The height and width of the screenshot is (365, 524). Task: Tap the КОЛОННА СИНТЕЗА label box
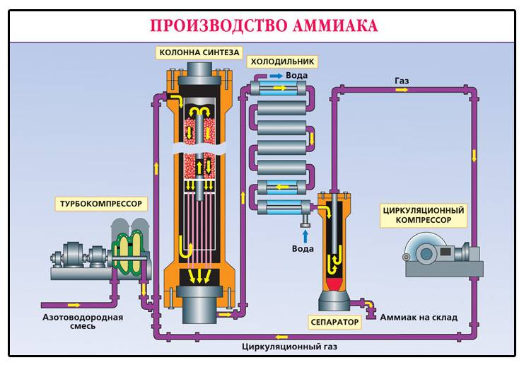tap(200, 52)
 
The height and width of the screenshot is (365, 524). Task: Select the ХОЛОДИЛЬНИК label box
tap(281, 62)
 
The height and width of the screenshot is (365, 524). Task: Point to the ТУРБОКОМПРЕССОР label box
tap(100, 204)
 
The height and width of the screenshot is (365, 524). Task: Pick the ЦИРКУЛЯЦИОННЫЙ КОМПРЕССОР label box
tap(423, 215)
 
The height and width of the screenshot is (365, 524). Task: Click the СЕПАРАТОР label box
tap(334, 322)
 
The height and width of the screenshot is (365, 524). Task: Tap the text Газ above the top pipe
tap(402, 81)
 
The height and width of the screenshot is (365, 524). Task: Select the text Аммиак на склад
tap(419, 317)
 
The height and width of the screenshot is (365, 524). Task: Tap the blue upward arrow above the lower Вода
tap(303, 233)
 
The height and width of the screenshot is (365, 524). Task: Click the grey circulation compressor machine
tap(438, 255)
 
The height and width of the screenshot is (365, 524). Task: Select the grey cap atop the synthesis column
tap(201, 71)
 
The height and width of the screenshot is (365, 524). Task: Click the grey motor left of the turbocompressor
tap(71, 255)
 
